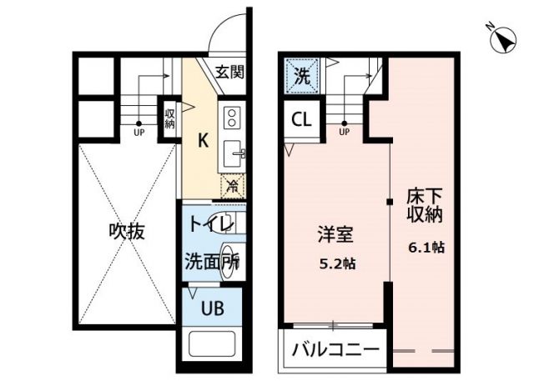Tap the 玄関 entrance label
pos(229,72)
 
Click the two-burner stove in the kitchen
pos(231,117)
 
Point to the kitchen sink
pos(232,153)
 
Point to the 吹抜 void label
pos(126,232)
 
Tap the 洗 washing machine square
pos(302,76)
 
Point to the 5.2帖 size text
pos(338,263)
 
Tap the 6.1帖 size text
pos(426,248)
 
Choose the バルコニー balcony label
pos(335,348)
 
